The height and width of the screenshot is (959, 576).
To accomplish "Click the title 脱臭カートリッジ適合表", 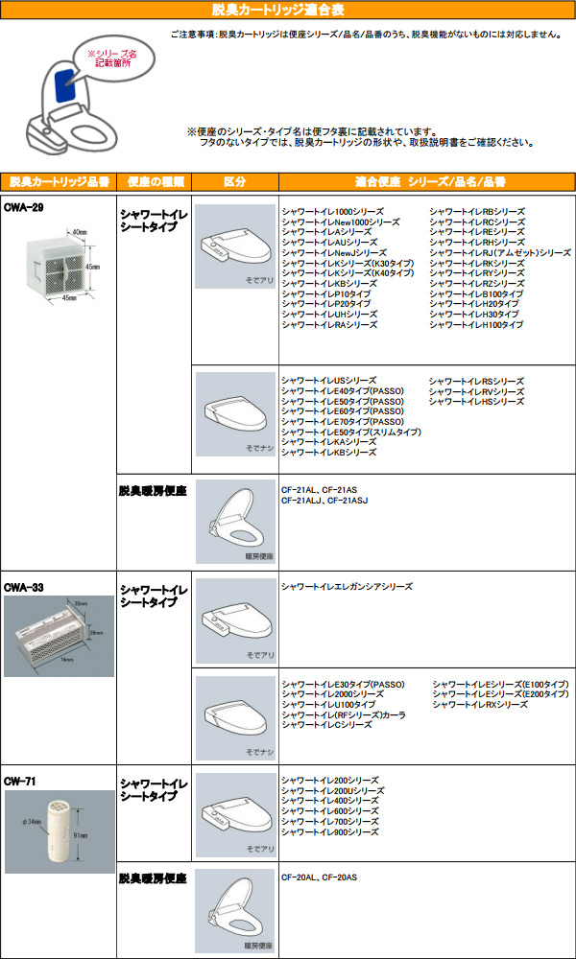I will (277, 11).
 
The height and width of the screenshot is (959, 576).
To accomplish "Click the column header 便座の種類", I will (154, 181).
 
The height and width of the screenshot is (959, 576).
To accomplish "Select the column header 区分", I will (234, 181).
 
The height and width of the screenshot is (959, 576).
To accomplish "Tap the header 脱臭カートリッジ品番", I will (59, 181).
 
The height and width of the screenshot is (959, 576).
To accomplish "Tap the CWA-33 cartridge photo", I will (58, 634).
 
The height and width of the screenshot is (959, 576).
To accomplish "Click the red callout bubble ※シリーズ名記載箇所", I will (111, 61).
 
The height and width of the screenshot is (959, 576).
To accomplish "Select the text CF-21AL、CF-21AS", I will (319, 489).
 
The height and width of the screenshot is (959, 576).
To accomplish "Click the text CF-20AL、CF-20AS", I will (319, 877).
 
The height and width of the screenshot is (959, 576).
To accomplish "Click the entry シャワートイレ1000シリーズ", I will (332, 211).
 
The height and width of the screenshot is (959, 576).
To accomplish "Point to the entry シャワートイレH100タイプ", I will (476, 325).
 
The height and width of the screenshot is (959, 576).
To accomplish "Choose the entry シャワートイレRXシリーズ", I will (480, 704).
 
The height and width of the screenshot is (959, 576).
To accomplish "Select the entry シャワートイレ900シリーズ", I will (330, 832).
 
